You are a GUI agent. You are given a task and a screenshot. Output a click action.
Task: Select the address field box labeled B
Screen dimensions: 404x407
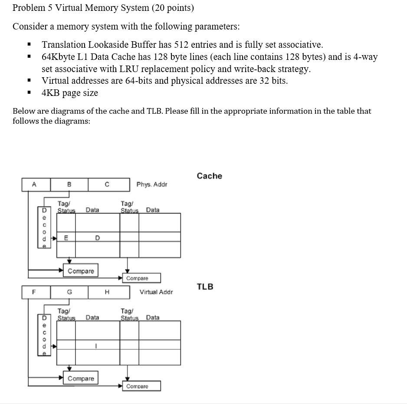pyautogui.click(x=69, y=184)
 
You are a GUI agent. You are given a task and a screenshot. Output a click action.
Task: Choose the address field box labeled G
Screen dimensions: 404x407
pyautogui.click(x=69, y=292)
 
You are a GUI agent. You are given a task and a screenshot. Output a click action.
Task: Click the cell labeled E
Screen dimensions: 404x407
pyautogui.click(x=66, y=238)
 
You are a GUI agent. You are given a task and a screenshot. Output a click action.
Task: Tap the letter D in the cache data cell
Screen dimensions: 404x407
pyautogui.click(x=97, y=238)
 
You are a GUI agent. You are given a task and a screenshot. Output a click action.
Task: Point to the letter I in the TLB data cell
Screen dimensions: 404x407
pyautogui.click(x=96, y=345)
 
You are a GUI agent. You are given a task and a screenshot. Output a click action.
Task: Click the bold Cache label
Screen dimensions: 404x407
pyautogui.click(x=209, y=176)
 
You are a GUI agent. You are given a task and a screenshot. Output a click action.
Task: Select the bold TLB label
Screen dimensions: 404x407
pyautogui.click(x=205, y=286)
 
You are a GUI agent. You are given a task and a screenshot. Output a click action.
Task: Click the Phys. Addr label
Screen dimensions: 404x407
pyautogui.click(x=151, y=184)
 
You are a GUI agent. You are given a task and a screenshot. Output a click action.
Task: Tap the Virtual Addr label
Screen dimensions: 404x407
pyautogui.click(x=156, y=292)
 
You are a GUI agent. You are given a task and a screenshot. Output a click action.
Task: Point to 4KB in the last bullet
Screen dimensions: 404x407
pyautogui.click(x=52, y=93)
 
